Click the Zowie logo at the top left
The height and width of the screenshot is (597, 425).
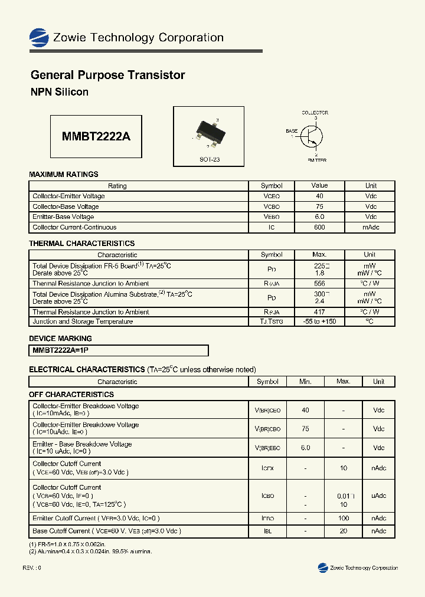coord(39,38)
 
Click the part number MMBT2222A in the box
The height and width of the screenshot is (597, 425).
coord(96,136)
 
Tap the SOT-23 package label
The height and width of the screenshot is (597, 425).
coord(210,160)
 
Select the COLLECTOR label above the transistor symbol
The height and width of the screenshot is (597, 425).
coord(315,113)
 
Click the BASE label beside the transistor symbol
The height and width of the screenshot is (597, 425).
coord(292,131)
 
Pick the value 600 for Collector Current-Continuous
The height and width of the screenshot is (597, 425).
coord(319,227)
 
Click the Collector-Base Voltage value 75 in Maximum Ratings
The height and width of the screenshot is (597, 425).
coord(319,206)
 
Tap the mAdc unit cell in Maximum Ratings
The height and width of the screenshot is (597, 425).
coord(371,227)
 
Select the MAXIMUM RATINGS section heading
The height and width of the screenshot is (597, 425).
coord(64,174)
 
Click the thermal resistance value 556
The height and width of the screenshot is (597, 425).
coord(319,284)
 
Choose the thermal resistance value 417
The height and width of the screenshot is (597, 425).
coord(319,311)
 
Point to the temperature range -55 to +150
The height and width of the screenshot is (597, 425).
coord(319,322)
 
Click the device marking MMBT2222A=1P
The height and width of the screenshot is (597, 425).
coord(61,350)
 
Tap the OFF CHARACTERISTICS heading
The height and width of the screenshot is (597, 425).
coord(71,394)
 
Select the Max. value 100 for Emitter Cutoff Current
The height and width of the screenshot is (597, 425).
coord(343,519)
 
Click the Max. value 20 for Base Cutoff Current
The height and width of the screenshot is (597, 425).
coord(343,531)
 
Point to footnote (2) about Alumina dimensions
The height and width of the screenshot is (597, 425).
coord(90,551)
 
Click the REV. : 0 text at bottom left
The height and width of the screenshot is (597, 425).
coord(32,568)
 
